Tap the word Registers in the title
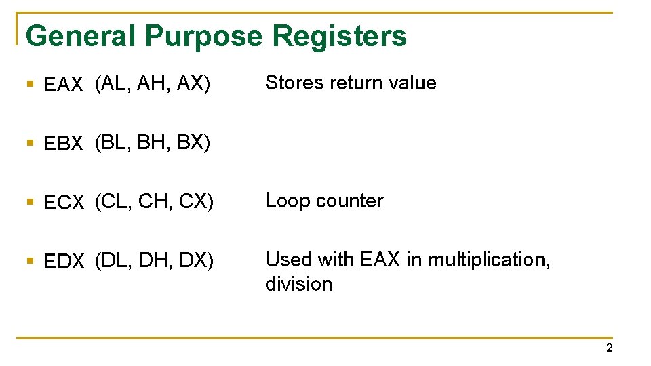pyautogui.click(x=340, y=35)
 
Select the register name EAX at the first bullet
pyautogui.click(x=63, y=85)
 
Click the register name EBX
pyautogui.click(x=63, y=144)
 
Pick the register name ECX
pyautogui.click(x=64, y=203)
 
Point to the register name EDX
pyautogui.click(x=64, y=261)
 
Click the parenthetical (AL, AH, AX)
pyautogui.click(x=153, y=83)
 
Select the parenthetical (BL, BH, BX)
pyautogui.click(x=153, y=142)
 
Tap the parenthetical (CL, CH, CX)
pyautogui.click(x=154, y=201)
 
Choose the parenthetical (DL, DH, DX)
pyautogui.click(x=154, y=260)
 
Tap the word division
pyautogui.click(x=298, y=284)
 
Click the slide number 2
pyautogui.click(x=609, y=348)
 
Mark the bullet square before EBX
pyautogui.click(x=29, y=143)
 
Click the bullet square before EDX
pyautogui.click(x=29, y=260)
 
